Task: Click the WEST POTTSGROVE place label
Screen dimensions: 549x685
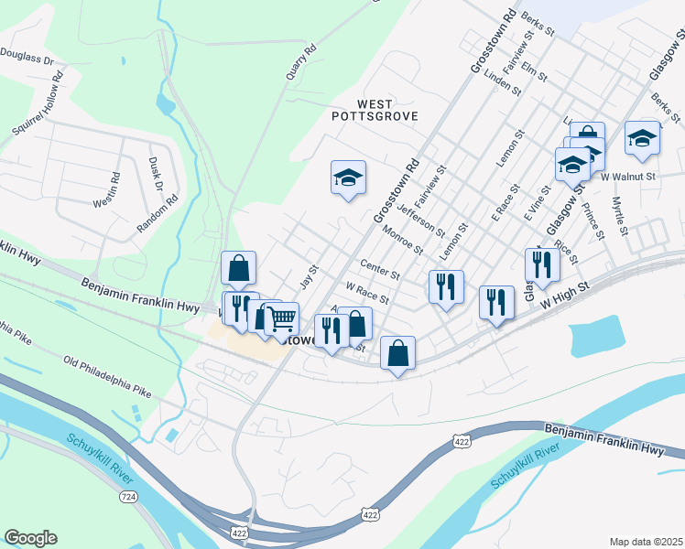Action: [x=375, y=110]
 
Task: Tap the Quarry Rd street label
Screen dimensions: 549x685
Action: [x=300, y=62]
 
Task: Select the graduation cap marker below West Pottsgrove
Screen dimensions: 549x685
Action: [x=348, y=177]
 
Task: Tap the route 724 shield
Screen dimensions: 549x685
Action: [x=127, y=496]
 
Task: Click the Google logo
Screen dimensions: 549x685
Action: [x=30, y=538]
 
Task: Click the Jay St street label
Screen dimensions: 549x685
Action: [x=309, y=275]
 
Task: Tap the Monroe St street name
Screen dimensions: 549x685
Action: [x=403, y=240]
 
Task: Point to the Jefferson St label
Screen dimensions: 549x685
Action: [x=421, y=219]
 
